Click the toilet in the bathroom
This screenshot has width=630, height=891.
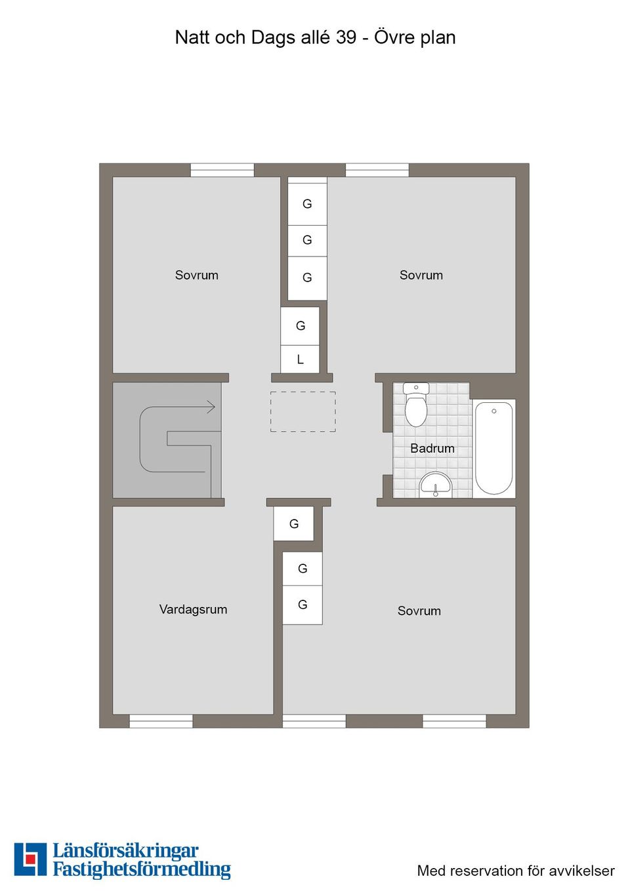click(415, 404)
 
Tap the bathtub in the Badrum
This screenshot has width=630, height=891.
click(493, 448)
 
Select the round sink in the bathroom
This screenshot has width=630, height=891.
click(436, 485)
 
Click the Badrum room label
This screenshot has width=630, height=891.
click(432, 449)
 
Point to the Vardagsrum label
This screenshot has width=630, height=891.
click(193, 610)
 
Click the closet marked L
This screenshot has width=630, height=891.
click(300, 359)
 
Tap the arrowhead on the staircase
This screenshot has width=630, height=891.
click(211, 407)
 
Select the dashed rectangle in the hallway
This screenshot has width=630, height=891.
click(303, 411)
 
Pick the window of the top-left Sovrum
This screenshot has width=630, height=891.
click(222, 170)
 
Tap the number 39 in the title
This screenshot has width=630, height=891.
click(346, 38)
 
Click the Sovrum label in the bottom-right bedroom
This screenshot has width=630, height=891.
click(419, 611)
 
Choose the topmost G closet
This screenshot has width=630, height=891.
click(307, 203)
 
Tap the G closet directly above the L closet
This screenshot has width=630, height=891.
click(300, 326)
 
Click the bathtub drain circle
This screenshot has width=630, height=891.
click(494, 411)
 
